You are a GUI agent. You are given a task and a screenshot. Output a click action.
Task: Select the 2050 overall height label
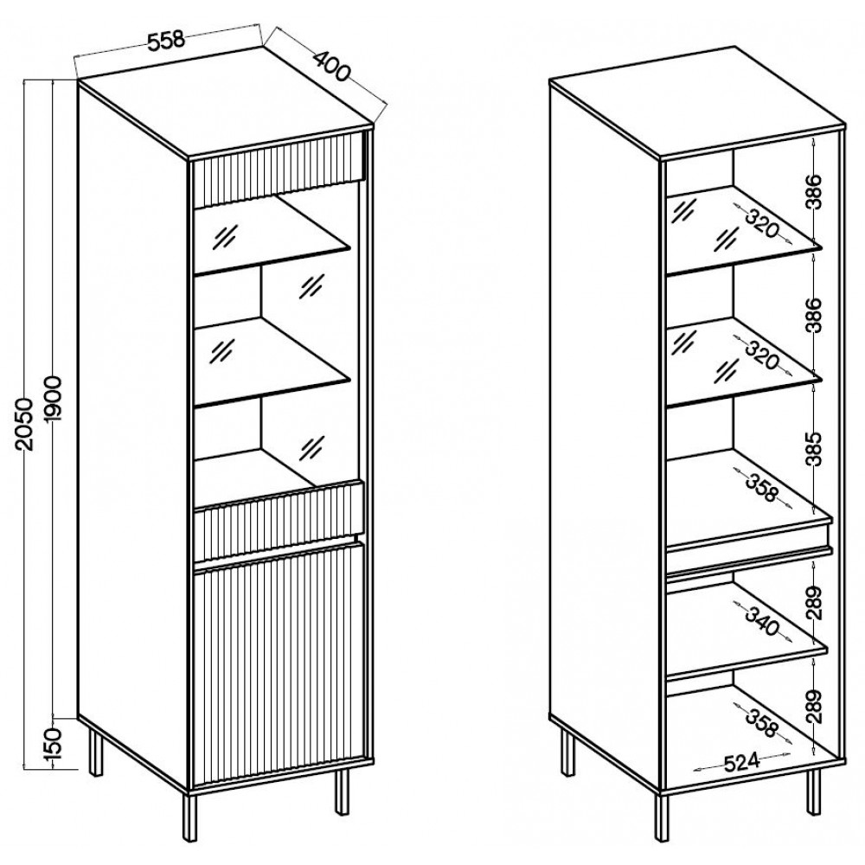(25, 424)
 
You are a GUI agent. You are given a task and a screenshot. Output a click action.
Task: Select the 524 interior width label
(741, 762)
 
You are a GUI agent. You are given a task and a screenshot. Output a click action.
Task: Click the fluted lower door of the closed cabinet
(277, 666)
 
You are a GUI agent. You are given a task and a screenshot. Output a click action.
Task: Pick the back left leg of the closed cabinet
(93, 753)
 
